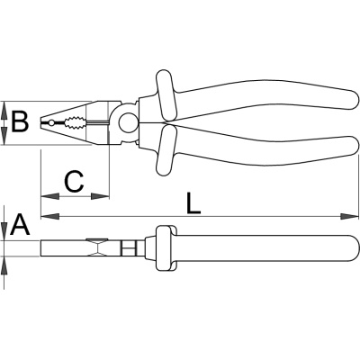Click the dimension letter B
[x=20, y=121]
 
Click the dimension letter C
[x=74, y=182]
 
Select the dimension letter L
[x=193, y=203]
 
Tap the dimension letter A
[x=20, y=224]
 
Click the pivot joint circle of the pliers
[x=128, y=122]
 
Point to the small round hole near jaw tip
[x=51, y=122]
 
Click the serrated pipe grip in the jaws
[x=73, y=123]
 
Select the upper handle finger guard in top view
[x=165, y=95]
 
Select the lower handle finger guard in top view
[x=165, y=150]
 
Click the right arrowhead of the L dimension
[x=349, y=216]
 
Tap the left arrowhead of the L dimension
[x=49, y=216]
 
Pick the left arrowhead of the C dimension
[x=49, y=196]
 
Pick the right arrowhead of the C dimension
[x=100, y=196]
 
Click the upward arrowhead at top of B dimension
[x=4, y=111]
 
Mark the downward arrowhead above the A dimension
[x=4, y=231]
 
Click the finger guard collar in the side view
[x=165, y=248]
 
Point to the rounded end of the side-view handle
[x=354, y=248]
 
